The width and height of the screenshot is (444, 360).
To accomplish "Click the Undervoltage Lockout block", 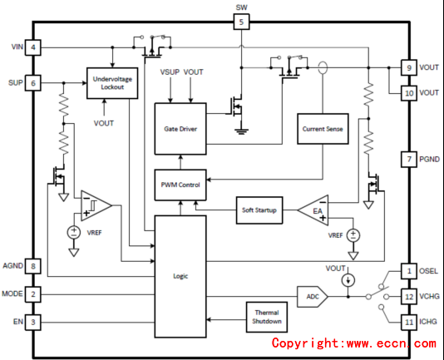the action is (x=112, y=83).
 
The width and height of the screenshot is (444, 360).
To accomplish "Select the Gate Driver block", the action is (x=180, y=129).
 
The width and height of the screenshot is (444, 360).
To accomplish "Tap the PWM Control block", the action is (x=180, y=185).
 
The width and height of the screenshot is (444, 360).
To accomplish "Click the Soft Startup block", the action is (x=259, y=210).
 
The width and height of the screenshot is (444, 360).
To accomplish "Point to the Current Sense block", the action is (x=323, y=129).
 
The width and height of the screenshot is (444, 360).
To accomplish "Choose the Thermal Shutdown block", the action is (x=267, y=317).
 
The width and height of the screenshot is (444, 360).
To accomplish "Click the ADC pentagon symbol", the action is (x=313, y=297).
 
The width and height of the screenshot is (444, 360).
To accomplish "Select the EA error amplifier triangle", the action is (x=313, y=210).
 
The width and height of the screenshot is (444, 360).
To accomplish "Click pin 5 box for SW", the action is (x=241, y=22).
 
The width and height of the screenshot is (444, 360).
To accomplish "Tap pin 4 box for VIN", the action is (x=33, y=47).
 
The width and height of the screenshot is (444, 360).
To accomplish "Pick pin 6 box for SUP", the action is (x=33, y=83).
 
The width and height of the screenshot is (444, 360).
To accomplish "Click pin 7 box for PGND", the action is (x=409, y=159).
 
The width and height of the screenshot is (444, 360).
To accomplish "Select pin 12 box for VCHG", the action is (x=409, y=297).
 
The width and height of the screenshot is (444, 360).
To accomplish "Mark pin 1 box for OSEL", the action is (x=409, y=271).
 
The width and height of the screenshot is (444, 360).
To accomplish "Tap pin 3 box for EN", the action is (x=33, y=322).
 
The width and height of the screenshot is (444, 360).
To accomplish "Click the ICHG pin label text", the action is (x=428, y=322).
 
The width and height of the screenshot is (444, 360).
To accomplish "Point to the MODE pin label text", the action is (x=12, y=293).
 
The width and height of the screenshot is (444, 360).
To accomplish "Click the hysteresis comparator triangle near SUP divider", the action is (x=96, y=205).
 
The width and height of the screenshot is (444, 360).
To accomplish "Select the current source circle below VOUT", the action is (x=348, y=280).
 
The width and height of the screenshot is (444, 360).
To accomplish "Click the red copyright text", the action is (x=354, y=343).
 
